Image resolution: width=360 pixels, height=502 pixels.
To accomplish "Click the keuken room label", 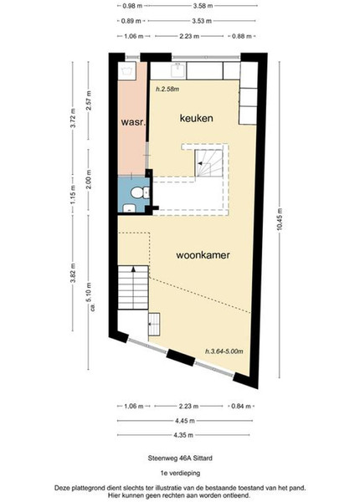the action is [x=197, y=118].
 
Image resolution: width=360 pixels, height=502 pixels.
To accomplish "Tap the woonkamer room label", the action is [x=203, y=255].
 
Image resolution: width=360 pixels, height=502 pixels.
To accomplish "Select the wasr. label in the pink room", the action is [x=133, y=122].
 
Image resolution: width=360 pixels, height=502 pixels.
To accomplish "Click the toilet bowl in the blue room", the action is [x=136, y=192].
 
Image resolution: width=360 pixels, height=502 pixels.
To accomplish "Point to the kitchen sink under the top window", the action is [x=178, y=70].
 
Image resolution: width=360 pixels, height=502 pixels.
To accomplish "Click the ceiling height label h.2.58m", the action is [x=167, y=90].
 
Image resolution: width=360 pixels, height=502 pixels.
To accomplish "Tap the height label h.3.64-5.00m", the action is [x=224, y=351].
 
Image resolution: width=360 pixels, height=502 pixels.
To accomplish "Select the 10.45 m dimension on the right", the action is [x=280, y=219].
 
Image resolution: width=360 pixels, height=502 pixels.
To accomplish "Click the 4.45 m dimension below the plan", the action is [x=185, y=421].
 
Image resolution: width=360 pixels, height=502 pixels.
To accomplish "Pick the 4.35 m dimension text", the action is [x=183, y=435].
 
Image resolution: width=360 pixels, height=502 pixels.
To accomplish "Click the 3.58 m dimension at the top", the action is [x=203, y=6].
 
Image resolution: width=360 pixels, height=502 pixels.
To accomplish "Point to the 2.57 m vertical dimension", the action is [x=89, y=100].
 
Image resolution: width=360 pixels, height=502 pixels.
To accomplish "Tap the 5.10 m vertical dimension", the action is [x=89, y=292].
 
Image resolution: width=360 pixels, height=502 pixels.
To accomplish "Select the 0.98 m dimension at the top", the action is [x=132, y=6].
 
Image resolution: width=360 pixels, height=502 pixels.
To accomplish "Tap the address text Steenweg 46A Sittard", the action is [x=180, y=458].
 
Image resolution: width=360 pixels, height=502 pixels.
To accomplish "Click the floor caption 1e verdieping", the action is [x=180, y=473].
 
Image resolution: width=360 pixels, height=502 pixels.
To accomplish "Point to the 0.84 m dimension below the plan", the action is [x=241, y=407].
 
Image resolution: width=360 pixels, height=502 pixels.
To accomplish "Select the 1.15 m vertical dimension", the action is [x=73, y=195].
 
